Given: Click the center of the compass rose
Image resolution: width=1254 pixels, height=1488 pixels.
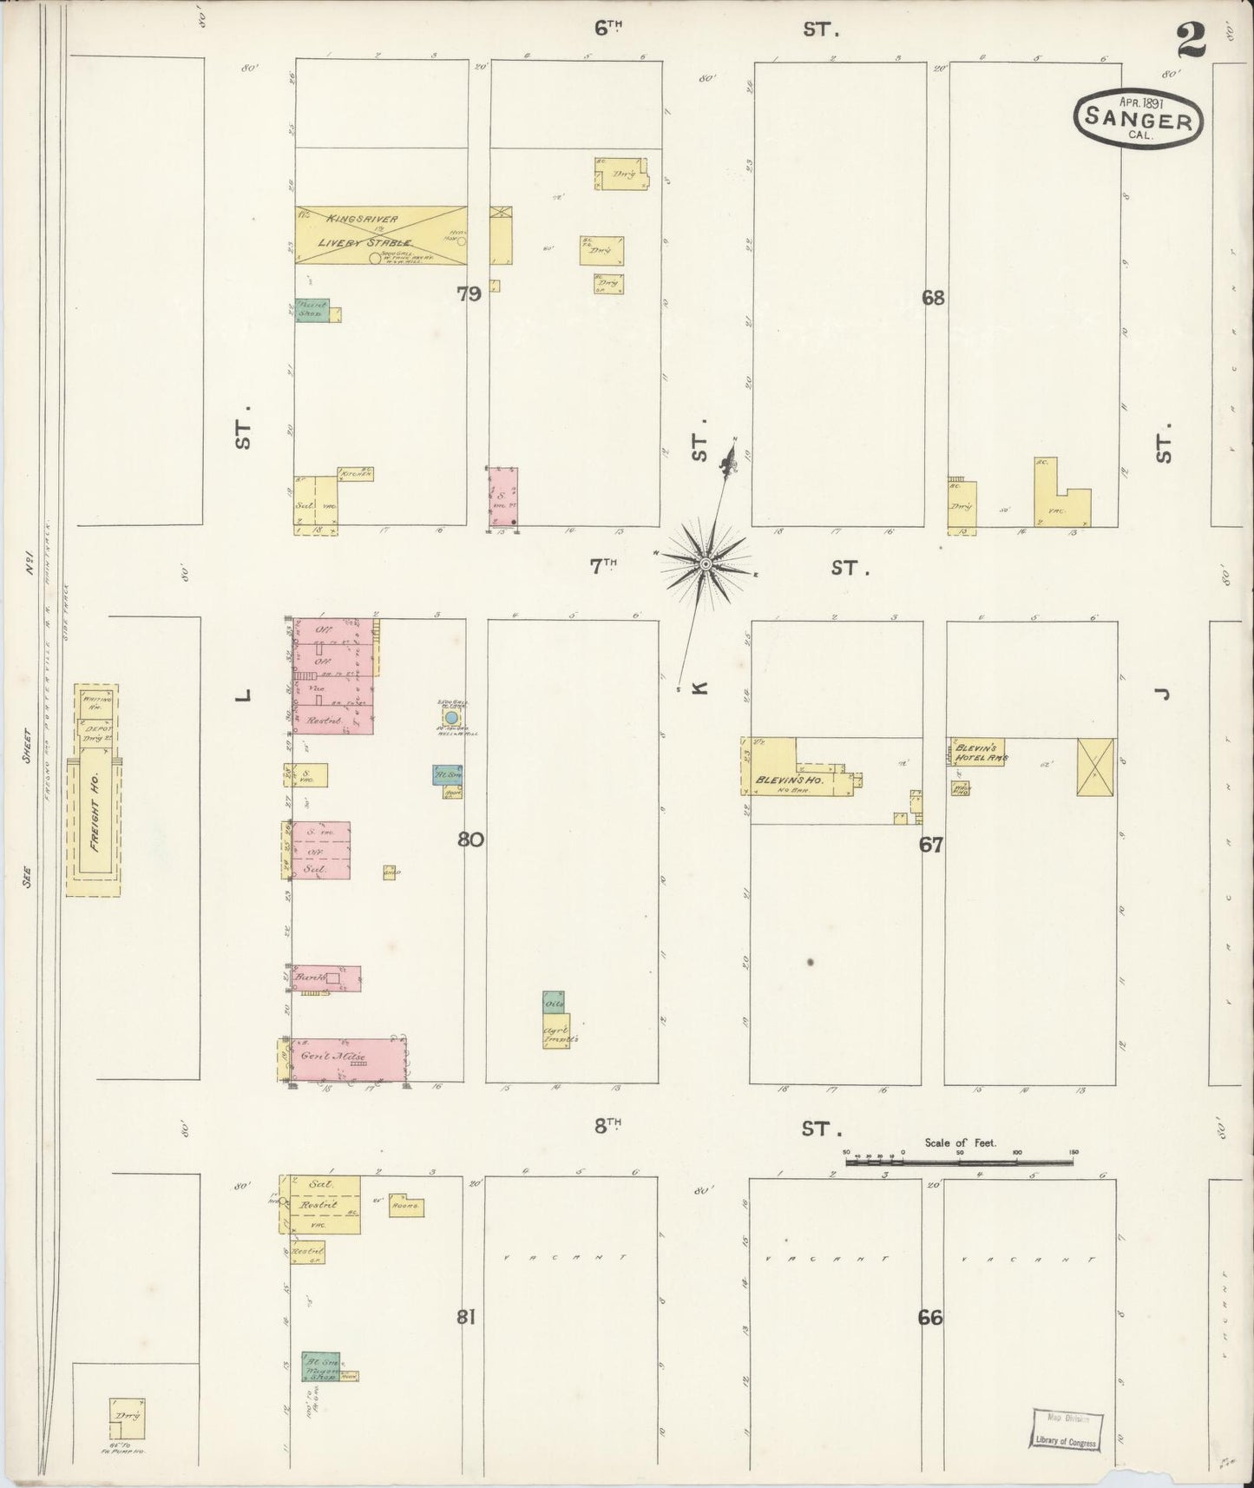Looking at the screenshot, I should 706,564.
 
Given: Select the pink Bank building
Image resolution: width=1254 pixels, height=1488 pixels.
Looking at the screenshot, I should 325,978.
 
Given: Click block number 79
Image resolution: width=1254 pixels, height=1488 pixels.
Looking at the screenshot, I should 469,294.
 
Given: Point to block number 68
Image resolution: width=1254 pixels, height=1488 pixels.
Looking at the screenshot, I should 933,298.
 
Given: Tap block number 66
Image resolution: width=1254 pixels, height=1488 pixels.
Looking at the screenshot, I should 929,1317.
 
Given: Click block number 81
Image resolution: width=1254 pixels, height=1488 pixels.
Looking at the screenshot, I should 466,1317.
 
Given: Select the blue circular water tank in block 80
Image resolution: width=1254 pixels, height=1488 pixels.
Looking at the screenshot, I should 450,718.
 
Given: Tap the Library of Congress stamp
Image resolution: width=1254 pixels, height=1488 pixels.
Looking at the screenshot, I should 1067,1428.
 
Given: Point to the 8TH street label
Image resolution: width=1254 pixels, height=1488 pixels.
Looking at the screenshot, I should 609,1126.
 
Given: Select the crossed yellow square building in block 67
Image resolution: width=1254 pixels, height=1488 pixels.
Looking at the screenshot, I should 1095,767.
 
